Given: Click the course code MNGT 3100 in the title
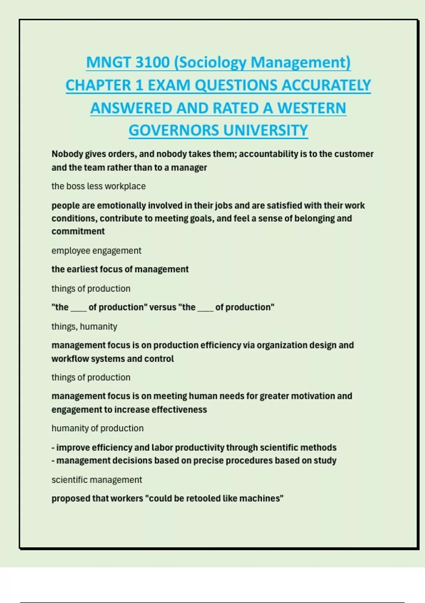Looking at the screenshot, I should pyautogui.click(x=128, y=62).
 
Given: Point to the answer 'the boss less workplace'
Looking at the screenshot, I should pyautogui.click(x=98, y=186).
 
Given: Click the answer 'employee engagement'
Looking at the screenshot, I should pyautogui.click(x=96, y=251).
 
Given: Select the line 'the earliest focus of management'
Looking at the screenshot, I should pyautogui.click(x=120, y=269).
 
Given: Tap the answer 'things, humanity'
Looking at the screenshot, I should pyautogui.click(x=84, y=327).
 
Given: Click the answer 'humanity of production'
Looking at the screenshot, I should pyautogui.click(x=97, y=428).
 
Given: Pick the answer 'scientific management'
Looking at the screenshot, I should pyautogui.click(x=97, y=480).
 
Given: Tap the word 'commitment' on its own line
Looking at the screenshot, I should pyautogui.click(x=78, y=231).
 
